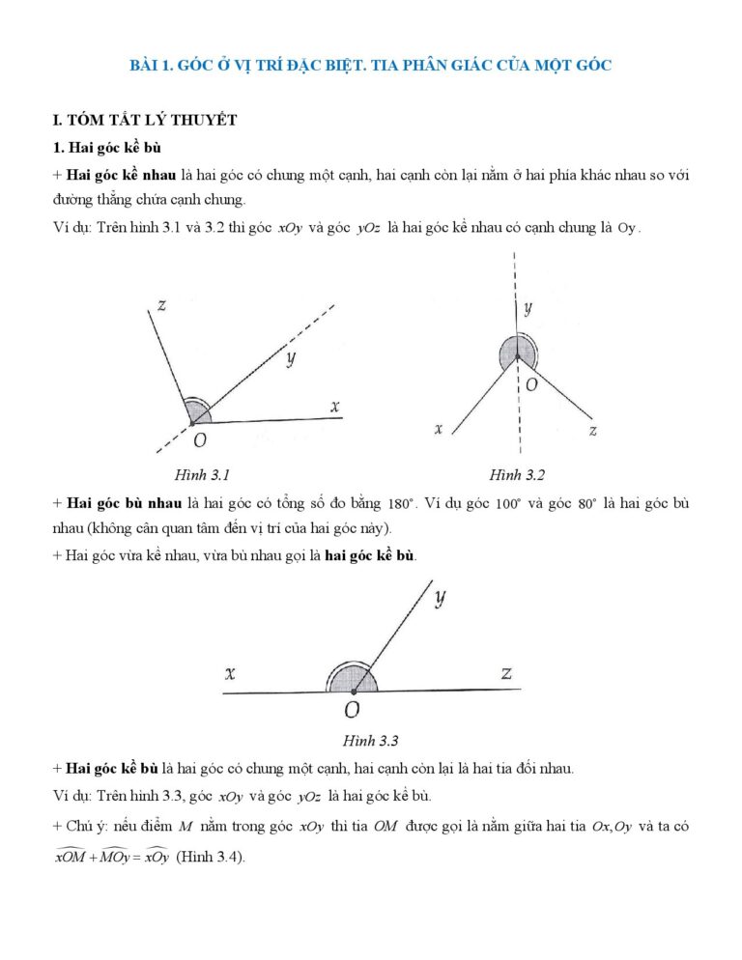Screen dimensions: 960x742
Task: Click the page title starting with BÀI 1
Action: [x=371, y=66]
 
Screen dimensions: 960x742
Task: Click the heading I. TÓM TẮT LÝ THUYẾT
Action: [x=145, y=120]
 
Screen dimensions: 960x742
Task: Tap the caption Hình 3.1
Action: [x=201, y=474]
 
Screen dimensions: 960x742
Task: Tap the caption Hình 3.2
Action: [x=517, y=474]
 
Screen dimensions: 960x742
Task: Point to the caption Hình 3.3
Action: [x=370, y=741]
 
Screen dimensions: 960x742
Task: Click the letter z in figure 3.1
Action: [x=161, y=305]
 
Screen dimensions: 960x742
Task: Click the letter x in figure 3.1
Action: [x=335, y=407]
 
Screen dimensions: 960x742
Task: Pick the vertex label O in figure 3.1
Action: [x=199, y=440]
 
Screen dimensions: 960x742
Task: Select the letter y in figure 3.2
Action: [x=528, y=309]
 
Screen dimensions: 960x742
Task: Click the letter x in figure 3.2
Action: [x=439, y=428]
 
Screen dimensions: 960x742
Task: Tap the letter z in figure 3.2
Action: [x=592, y=431]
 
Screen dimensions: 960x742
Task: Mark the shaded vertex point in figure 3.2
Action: [x=517, y=354]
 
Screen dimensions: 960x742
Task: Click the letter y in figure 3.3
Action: [x=440, y=598]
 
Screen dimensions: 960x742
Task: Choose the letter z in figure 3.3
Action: [x=506, y=673]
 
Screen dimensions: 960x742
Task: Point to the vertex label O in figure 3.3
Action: [x=352, y=711]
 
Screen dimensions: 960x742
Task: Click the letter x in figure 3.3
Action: [x=230, y=673]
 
